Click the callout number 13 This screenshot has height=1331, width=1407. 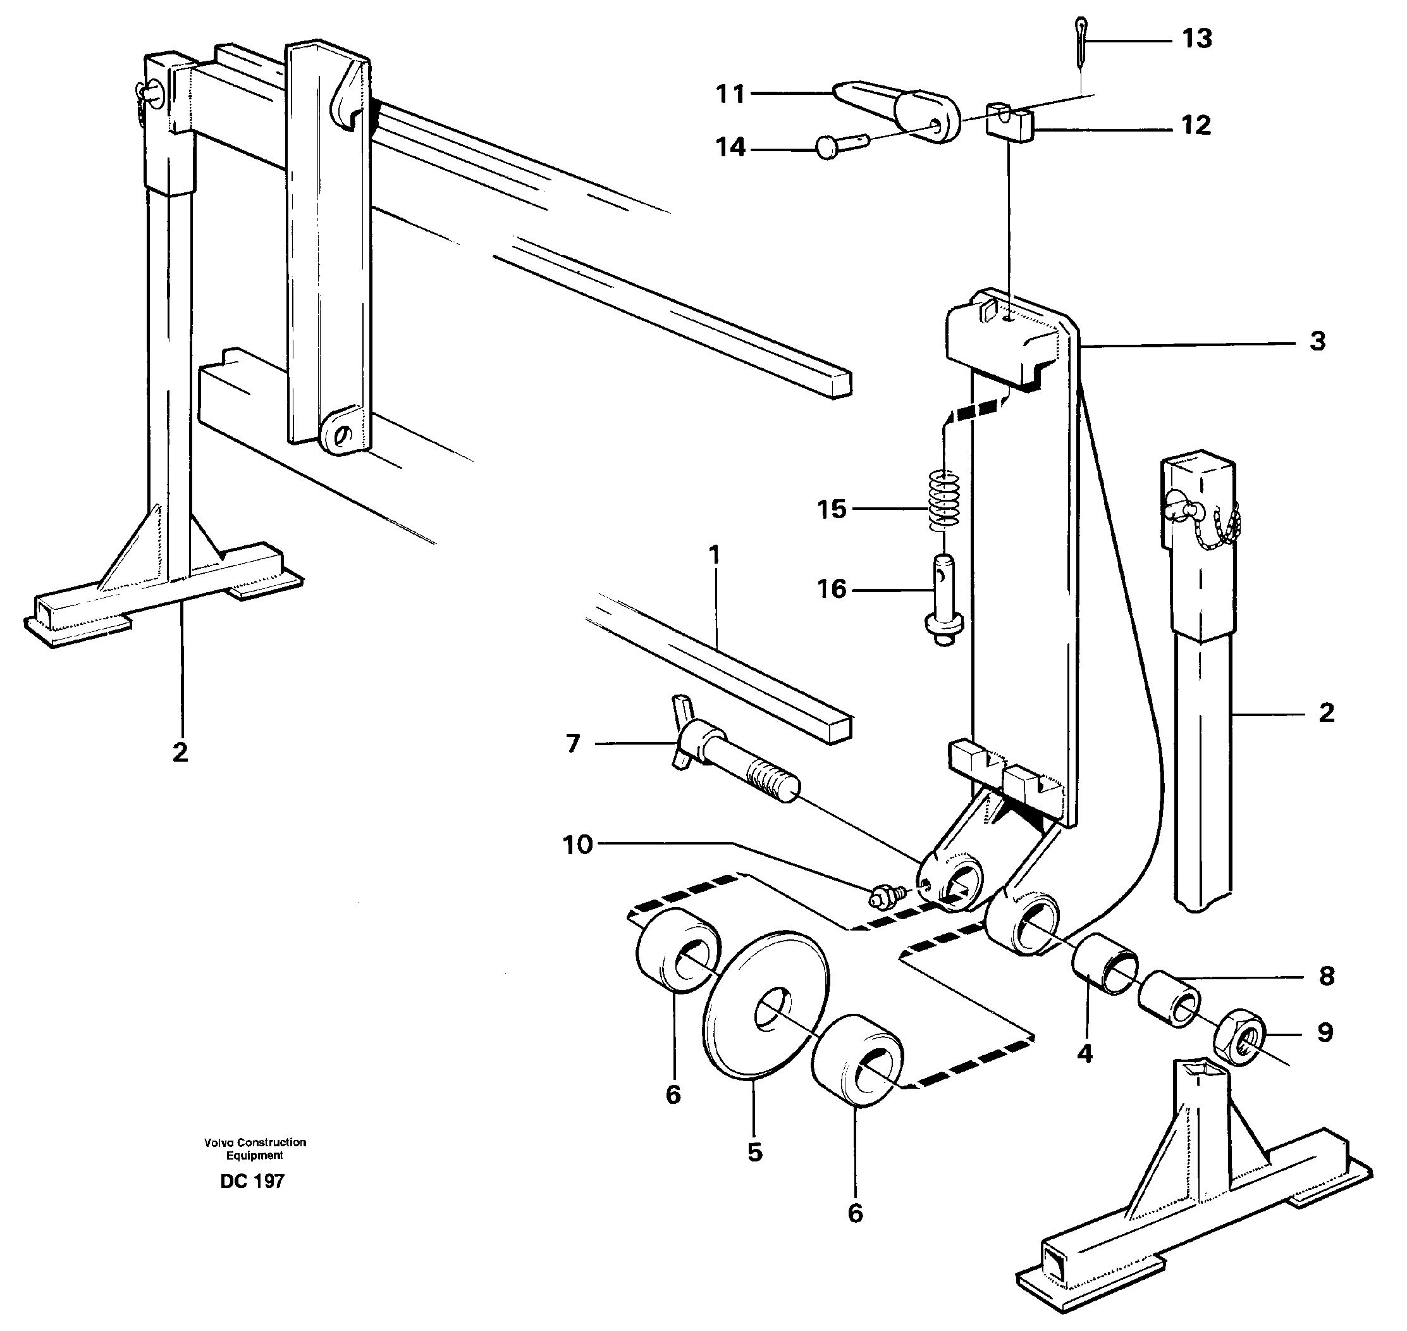[x=1196, y=39]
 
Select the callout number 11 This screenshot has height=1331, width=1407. [x=730, y=94]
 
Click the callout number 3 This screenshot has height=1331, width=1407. [x=1317, y=341]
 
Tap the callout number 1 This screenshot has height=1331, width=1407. [x=714, y=555]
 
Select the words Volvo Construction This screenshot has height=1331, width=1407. [x=255, y=1142]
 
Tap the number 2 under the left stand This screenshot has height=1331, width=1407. [x=180, y=752]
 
